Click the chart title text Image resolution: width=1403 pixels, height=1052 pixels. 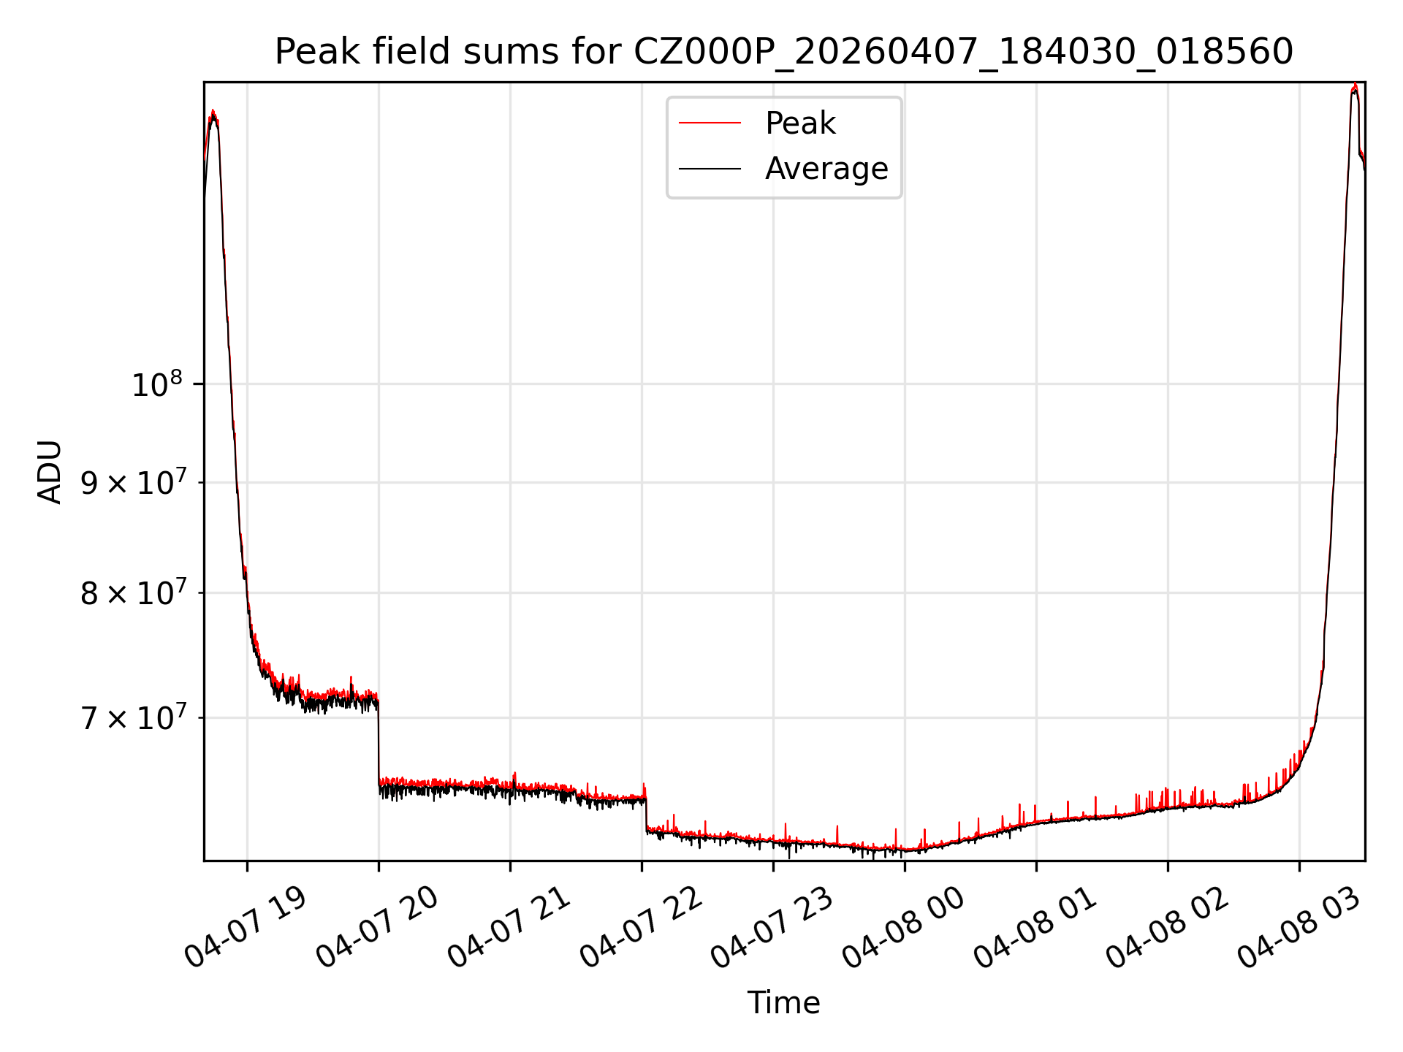coord(783,52)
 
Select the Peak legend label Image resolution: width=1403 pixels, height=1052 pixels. coord(800,123)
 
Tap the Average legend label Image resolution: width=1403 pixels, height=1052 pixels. coord(826,169)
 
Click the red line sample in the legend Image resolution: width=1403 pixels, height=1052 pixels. coord(710,123)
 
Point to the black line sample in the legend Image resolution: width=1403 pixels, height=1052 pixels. coord(710,169)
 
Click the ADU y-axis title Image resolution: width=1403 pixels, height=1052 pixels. coord(50,472)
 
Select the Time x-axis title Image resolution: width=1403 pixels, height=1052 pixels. coord(783,1003)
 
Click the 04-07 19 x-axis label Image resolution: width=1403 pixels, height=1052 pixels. coord(245,928)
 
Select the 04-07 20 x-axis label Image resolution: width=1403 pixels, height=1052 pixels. coord(376,928)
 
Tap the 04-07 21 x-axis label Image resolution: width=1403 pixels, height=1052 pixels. coord(508,928)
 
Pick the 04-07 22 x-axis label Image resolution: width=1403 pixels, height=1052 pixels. coord(640,928)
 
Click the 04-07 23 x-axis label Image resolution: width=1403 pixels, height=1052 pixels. coord(771,928)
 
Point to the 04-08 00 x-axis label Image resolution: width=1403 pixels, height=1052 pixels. coord(902,928)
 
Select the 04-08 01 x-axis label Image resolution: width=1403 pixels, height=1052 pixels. coord(1034,928)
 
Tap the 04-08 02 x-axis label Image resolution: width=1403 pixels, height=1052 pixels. coord(1166,928)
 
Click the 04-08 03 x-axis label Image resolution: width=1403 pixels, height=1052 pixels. coord(1298,928)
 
